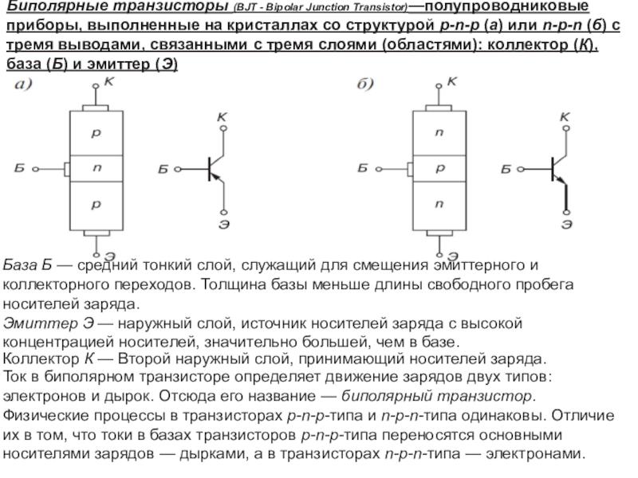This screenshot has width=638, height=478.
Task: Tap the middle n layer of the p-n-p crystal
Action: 96,168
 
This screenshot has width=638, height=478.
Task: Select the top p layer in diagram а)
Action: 96,135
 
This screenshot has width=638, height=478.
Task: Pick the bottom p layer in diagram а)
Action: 96,205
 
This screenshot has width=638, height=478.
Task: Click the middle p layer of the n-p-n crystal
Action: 437,168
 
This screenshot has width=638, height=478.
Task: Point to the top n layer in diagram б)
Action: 437,135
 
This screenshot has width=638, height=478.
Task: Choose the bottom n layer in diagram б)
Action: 437,205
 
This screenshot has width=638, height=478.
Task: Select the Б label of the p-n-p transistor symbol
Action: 163,170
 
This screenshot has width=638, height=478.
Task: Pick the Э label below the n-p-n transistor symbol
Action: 565,225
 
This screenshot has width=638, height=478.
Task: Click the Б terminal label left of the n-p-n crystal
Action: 363,169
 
